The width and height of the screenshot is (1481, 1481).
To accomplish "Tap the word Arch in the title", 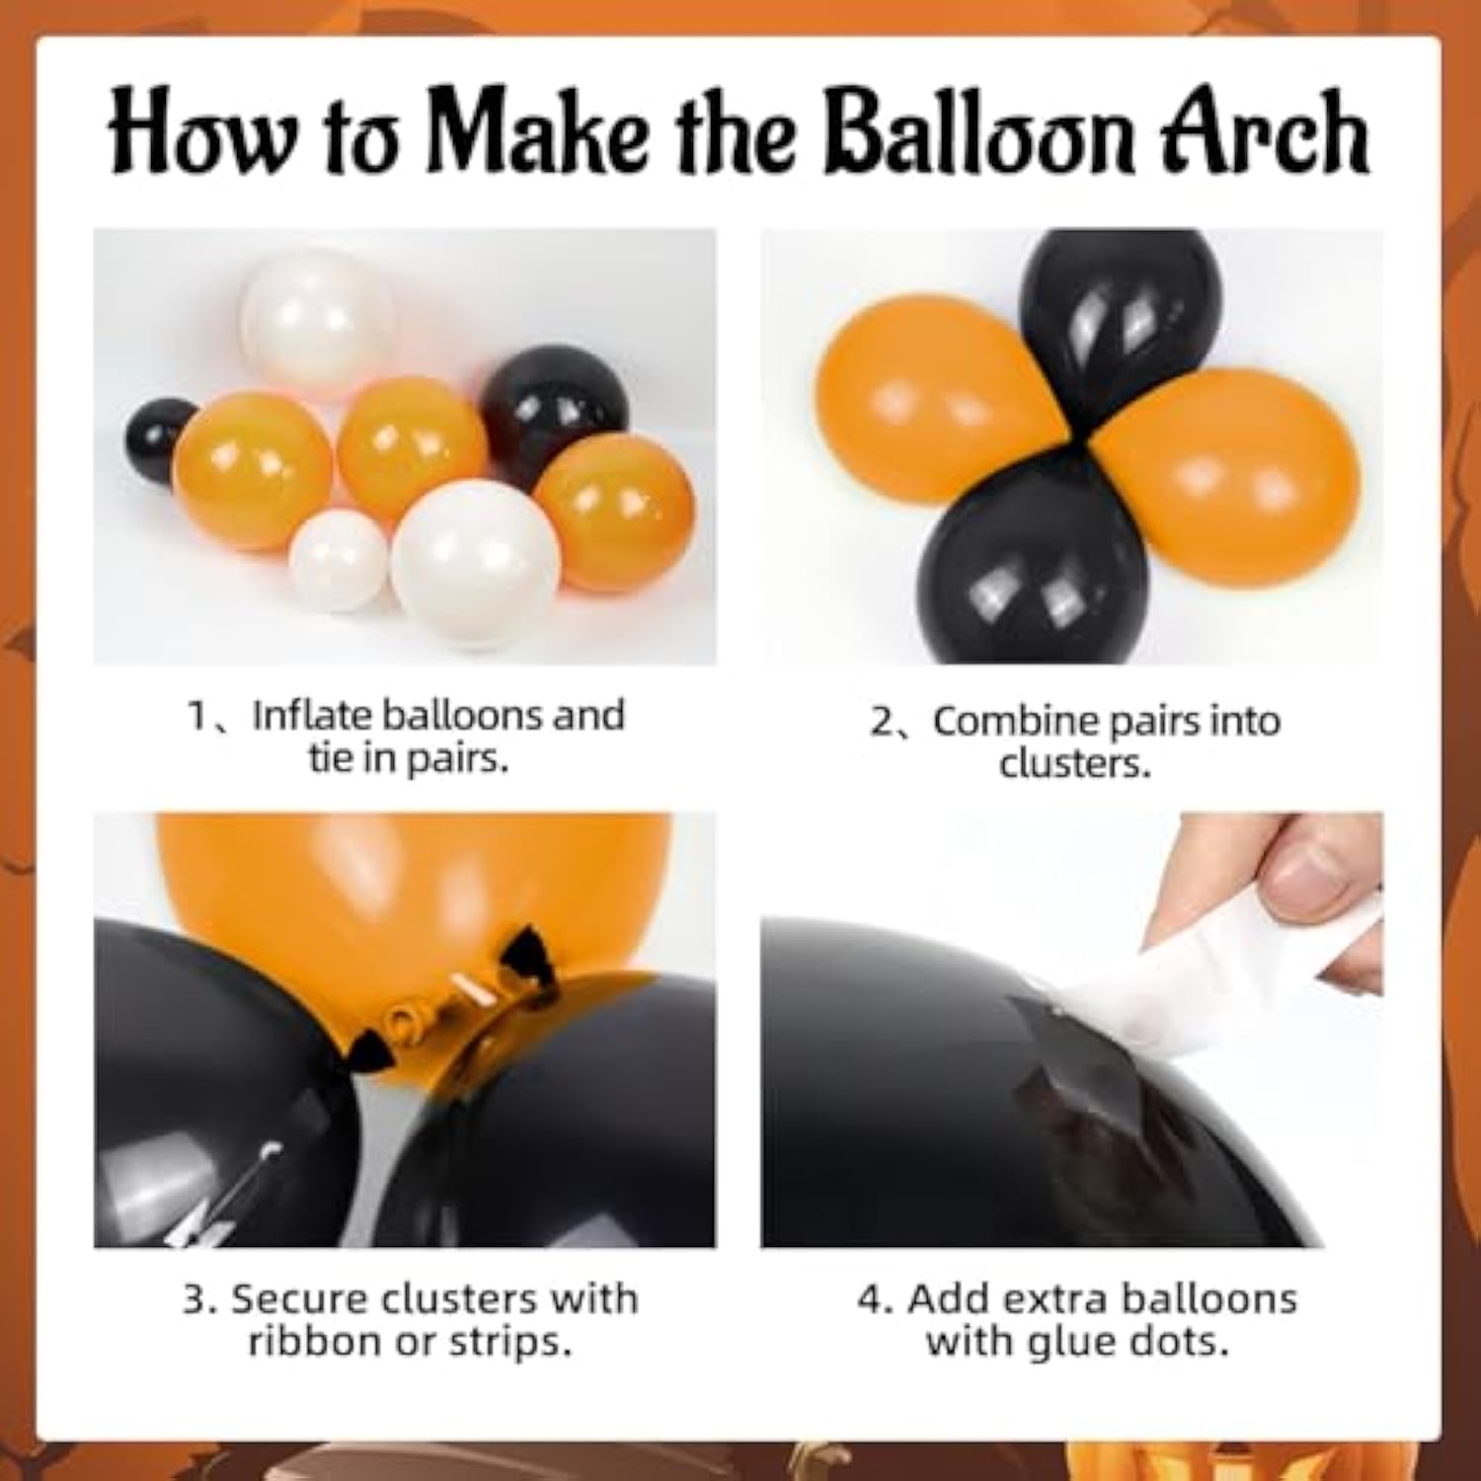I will (x=1266, y=133).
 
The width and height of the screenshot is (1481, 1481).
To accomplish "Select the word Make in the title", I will (x=538, y=133).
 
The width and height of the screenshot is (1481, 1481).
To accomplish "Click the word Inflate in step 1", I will (x=312, y=715).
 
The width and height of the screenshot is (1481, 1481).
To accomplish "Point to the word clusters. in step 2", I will (x=1074, y=763).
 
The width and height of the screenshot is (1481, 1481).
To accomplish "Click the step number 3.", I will (x=197, y=1299).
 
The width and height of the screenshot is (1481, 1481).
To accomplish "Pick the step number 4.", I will (x=873, y=1299).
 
